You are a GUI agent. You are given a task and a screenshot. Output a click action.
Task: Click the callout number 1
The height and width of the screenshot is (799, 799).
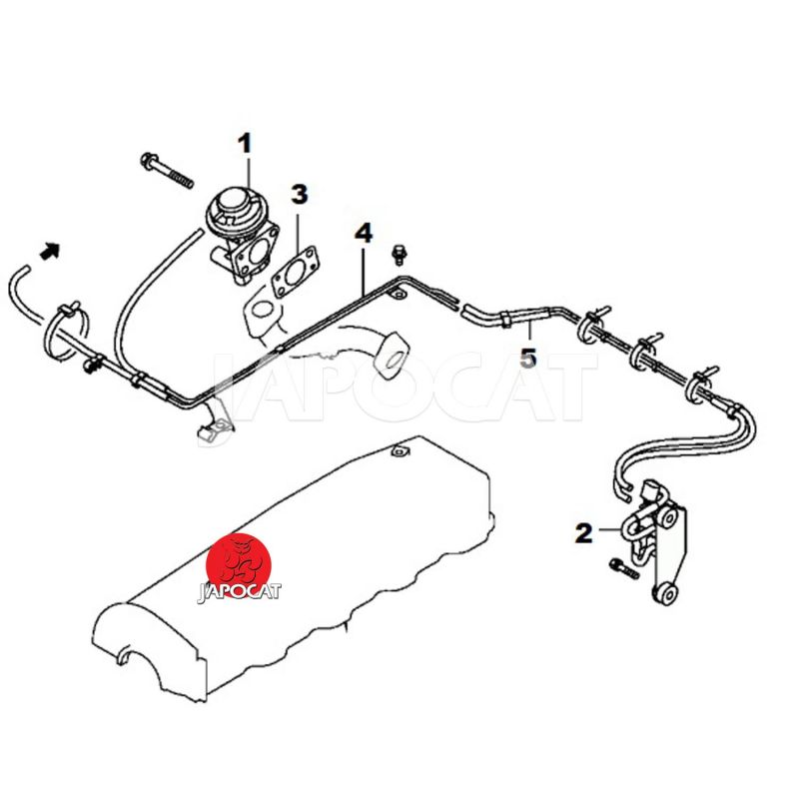pos(246,144)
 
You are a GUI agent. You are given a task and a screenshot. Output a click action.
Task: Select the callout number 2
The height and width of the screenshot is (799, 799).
pos(584,533)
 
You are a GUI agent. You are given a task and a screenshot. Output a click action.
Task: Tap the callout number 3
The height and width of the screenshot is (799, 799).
pos(300,195)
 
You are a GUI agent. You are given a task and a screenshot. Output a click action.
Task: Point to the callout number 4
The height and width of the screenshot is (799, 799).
pos(364,234)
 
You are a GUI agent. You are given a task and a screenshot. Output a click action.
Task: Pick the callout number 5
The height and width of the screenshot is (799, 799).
pos(528,358)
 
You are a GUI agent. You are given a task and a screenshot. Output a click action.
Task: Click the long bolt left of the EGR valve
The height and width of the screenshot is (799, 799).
pos(167,170)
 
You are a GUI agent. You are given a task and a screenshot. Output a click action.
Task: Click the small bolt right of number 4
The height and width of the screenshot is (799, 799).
pos(398,255)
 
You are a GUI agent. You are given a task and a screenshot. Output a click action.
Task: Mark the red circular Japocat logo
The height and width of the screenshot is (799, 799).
pos(238,565)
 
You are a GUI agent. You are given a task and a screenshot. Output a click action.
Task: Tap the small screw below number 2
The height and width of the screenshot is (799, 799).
pos(623,568)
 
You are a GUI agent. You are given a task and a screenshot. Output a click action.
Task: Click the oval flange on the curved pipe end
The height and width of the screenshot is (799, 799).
pos(392,356)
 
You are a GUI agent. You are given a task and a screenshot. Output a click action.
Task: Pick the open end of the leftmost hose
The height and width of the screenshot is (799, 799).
pos(18,276)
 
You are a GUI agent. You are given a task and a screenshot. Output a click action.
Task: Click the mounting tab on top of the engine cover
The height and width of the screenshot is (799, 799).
pos(398,451)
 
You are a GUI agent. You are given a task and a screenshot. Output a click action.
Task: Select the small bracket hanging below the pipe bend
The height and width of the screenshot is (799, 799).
pos(216,420)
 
